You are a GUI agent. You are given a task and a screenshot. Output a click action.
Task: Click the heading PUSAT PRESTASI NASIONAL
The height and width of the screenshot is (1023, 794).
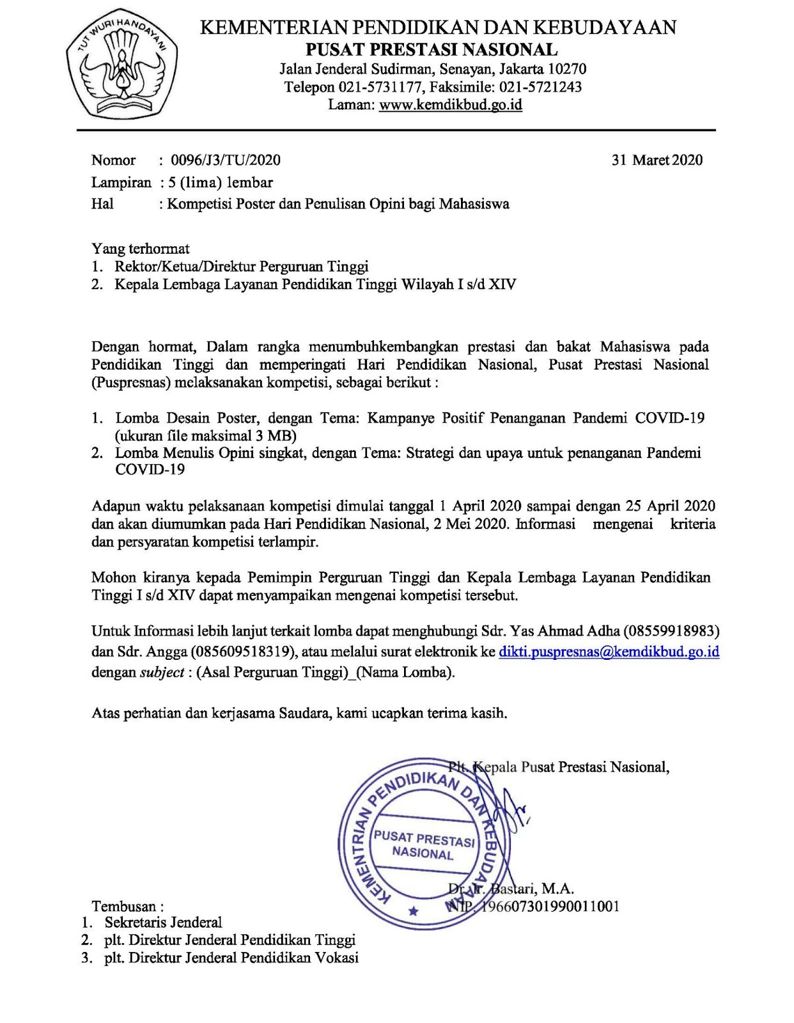click(x=432, y=50)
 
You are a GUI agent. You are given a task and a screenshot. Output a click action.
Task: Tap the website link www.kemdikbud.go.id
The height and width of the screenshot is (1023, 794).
click(x=451, y=105)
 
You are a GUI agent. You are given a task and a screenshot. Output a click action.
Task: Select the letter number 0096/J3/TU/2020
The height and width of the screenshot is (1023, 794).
click(x=226, y=160)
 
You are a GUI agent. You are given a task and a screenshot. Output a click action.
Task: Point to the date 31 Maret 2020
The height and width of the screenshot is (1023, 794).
click(x=657, y=160)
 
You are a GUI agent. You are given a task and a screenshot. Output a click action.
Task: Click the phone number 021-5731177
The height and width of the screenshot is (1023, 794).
click(x=381, y=87)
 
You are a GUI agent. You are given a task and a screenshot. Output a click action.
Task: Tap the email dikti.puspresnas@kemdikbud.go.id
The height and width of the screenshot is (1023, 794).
click(x=609, y=652)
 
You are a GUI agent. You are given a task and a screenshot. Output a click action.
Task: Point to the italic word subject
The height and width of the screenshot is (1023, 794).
click(x=162, y=672)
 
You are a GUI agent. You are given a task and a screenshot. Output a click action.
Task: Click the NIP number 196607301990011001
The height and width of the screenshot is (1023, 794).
click(x=550, y=906)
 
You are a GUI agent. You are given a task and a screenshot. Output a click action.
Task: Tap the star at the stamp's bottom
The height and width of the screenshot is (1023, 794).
click(x=413, y=910)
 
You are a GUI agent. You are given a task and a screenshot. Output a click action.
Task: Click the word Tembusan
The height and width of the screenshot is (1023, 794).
click(x=124, y=906)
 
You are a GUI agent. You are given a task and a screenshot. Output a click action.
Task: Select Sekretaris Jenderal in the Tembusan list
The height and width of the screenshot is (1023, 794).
click(x=163, y=922)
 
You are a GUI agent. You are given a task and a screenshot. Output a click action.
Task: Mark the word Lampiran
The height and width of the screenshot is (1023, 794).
click(x=121, y=182)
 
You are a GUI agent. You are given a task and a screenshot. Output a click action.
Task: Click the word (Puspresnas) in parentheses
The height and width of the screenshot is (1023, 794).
click(x=130, y=382)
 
